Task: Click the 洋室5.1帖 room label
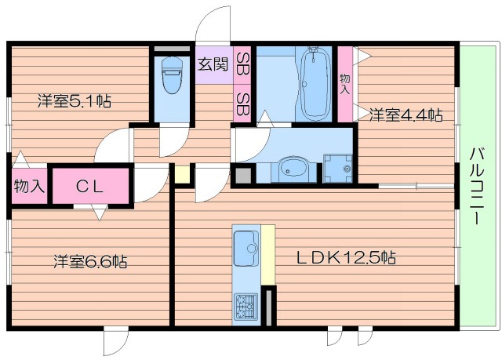75,101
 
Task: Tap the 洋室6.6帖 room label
90,261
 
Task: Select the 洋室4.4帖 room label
406,115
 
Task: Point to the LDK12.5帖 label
347,257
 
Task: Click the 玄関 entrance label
213,64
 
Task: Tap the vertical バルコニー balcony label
477,186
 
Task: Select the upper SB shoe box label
242,64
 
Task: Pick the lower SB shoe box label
242,104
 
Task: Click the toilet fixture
172,75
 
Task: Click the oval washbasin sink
293,169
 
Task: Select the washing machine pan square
338,169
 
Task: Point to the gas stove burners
246,307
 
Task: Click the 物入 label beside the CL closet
29,186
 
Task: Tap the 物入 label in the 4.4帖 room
345,84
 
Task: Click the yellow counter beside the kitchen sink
268,255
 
